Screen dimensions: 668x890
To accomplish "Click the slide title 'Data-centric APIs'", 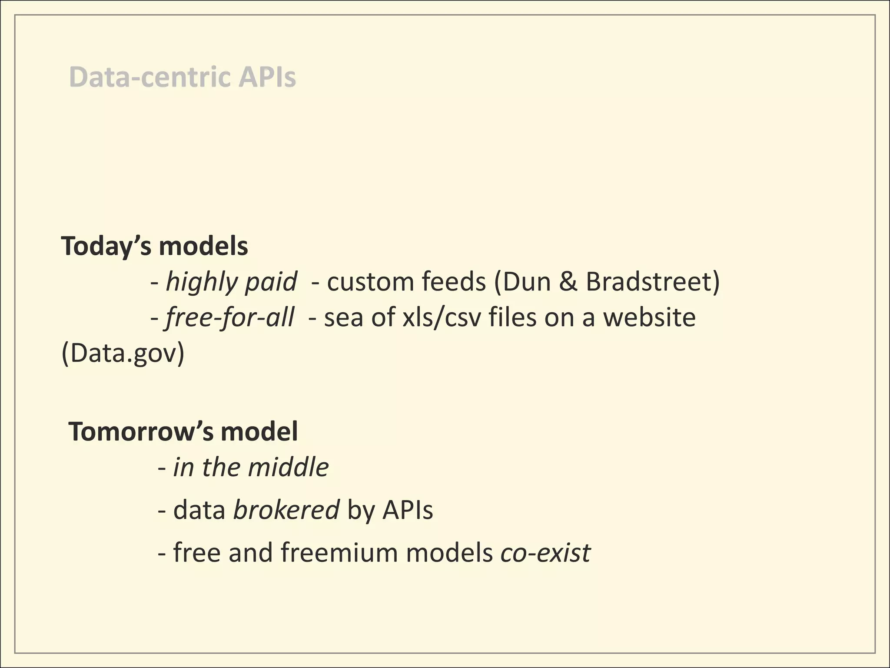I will click(x=183, y=77).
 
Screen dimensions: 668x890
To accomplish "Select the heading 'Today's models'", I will click(x=154, y=246).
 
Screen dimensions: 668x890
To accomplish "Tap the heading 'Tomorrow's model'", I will click(x=183, y=431).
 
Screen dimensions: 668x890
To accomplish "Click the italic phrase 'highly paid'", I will click(x=232, y=282).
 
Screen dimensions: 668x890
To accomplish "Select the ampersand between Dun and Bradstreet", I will click(x=569, y=282).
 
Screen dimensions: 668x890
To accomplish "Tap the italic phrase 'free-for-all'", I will click(x=229, y=317).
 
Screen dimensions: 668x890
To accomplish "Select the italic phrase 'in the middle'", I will click(x=251, y=468).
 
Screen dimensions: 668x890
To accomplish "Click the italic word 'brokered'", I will click(x=286, y=510).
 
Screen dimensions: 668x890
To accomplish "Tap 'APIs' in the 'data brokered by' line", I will click(x=408, y=510).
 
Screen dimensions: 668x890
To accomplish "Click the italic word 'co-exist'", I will click(x=545, y=552).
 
